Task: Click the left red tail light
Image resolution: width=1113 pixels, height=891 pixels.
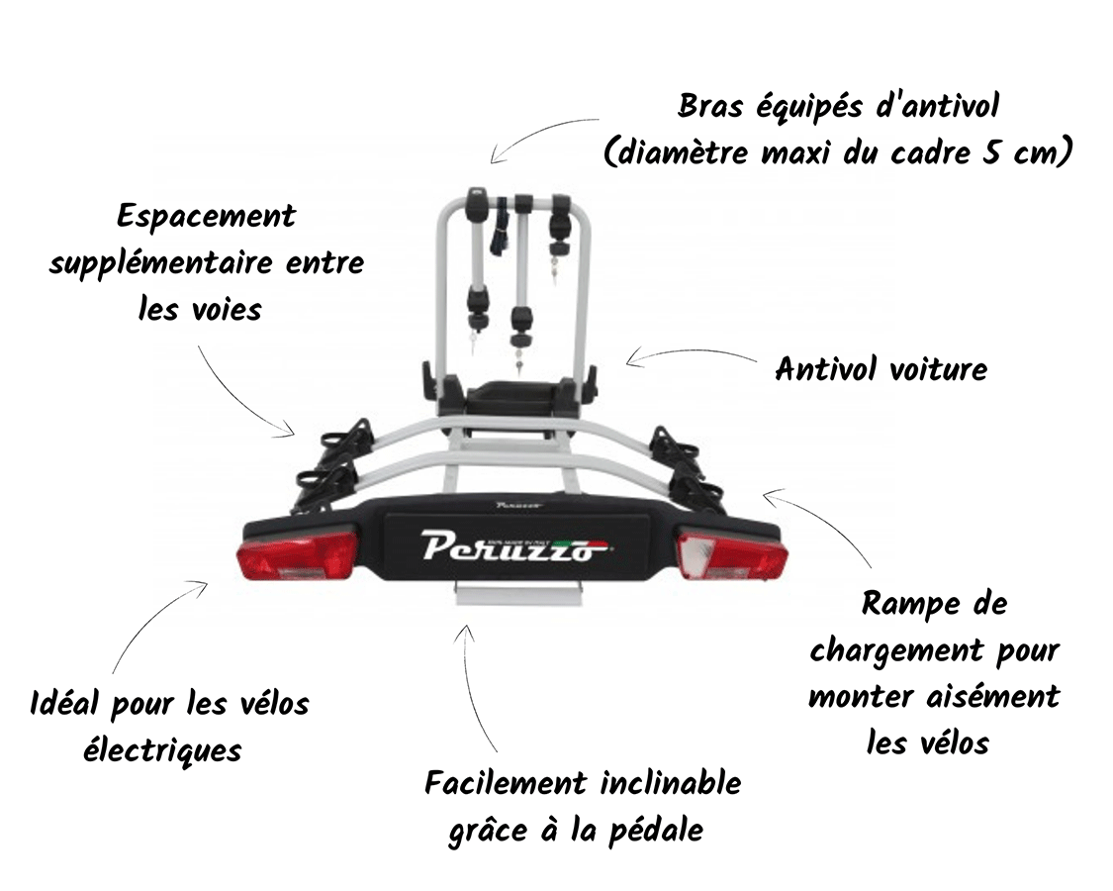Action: pyautogui.click(x=297, y=556)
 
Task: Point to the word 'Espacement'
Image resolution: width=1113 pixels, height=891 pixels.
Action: pyautogui.click(x=206, y=216)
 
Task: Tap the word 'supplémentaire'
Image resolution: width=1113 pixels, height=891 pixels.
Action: pyautogui.click(x=162, y=263)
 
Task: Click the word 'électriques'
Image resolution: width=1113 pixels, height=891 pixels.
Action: pyautogui.click(x=162, y=750)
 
